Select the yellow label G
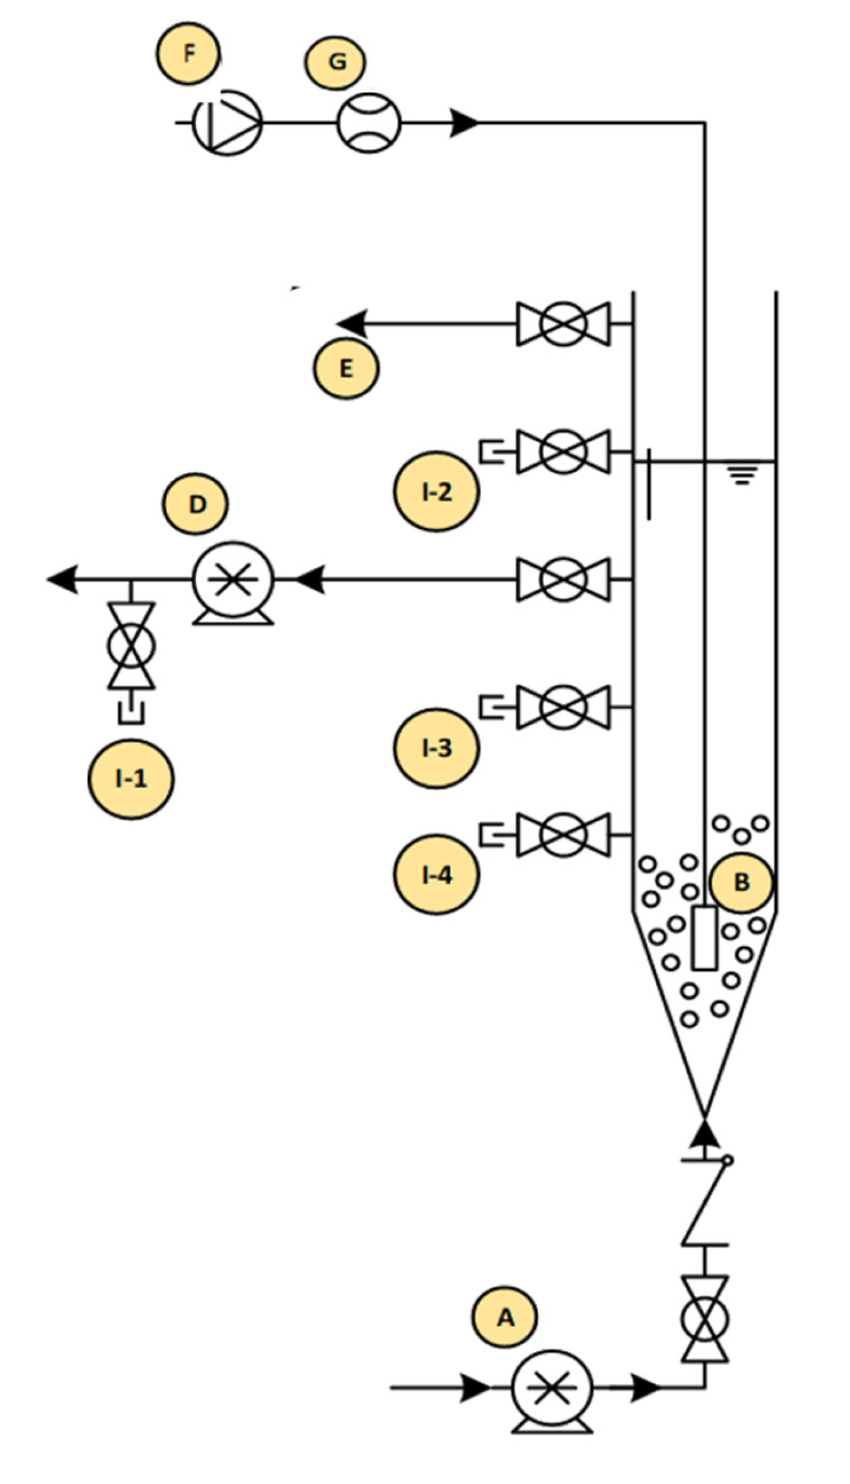click(x=336, y=61)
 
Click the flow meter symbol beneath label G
click(x=369, y=122)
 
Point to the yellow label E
click(x=346, y=368)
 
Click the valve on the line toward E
click(x=563, y=324)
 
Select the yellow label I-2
click(x=436, y=491)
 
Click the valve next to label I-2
click(x=563, y=451)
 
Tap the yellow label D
click(x=196, y=504)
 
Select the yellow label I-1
click(x=131, y=778)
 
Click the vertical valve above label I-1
click(x=131, y=645)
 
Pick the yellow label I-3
click(x=436, y=748)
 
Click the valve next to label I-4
click(x=563, y=835)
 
